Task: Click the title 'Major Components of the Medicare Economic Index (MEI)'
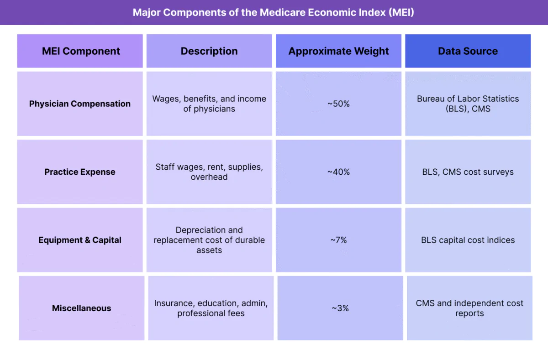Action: [274, 12]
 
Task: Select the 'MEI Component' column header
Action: [81, 51]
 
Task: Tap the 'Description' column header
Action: [209, 51]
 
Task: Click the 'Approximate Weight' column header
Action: [338, 51]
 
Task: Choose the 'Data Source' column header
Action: [468, 51]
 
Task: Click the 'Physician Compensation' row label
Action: [80, 104]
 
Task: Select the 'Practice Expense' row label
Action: [80, 172]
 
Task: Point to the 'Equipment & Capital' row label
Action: [80, 240]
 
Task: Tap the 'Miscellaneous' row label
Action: [81, 308]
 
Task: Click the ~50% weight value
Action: [338, 104]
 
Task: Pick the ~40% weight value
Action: [338, 172]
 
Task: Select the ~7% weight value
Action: [338, 240]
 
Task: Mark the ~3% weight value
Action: [340, 308]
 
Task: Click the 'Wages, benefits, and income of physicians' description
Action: [209, 104]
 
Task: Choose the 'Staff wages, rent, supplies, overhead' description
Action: [209, 172]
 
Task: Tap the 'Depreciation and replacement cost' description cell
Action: [209, 240]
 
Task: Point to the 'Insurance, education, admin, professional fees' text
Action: [211, 308]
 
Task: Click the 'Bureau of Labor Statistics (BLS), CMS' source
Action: [468, 104]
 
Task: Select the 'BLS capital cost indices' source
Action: [468, 240]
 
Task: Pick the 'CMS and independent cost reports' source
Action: [469, 308]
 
